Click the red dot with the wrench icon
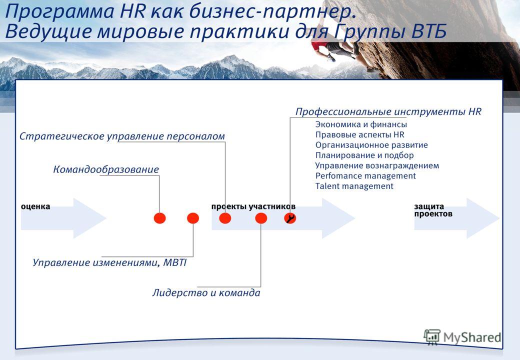[x=290, y=218]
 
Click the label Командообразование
[x=106, y=169]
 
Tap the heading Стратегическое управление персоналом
[x=122, y=136]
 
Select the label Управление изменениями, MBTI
[x=109, y=262]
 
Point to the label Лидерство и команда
[x=206, y=292]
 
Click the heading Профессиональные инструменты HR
[x=388, y=111]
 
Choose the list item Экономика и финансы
[x=361, y=124]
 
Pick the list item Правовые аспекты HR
[x=360, y=135]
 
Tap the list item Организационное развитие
[x=371, y=145]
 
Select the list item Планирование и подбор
[x=364, y=155]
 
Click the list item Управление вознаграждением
[x=377, y=165]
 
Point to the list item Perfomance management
[x=365, y=176]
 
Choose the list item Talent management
[x=354, y=186]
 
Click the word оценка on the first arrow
[x=35, y=206]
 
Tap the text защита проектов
[x=433, y=210]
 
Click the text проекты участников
[x=253, y=206]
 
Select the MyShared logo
[x=462, y=337]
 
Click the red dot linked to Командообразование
[x=160, y=218]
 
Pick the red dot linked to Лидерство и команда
[x=261, y=218]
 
